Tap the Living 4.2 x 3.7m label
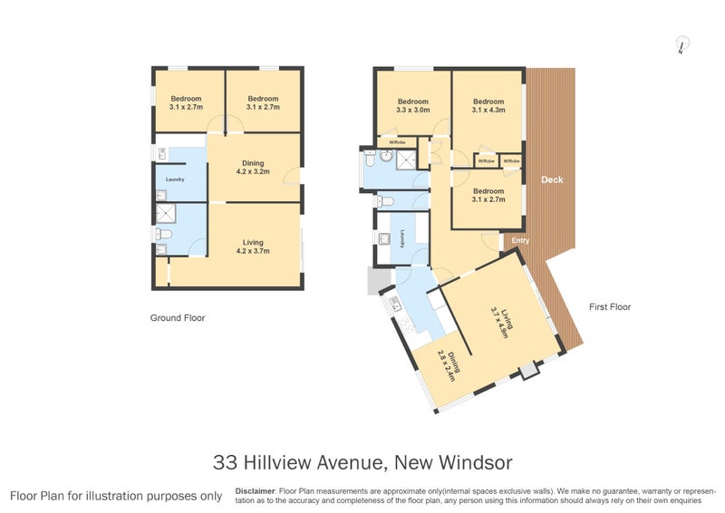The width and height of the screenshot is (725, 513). (253, 246)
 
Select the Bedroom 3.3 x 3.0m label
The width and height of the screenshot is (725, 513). (412, 104)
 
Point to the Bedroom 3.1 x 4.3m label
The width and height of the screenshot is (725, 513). (488, 105)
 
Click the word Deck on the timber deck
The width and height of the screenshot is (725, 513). (552, 179)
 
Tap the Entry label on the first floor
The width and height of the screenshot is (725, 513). (520, 240)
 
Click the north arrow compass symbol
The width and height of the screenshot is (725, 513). (681, 44)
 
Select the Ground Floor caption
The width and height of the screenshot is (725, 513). (178, 318)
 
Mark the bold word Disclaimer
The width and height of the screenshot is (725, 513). (255, 490)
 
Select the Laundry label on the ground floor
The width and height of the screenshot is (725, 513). (175, 179)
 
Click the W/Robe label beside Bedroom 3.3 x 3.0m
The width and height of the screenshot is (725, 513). (396, 142)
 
